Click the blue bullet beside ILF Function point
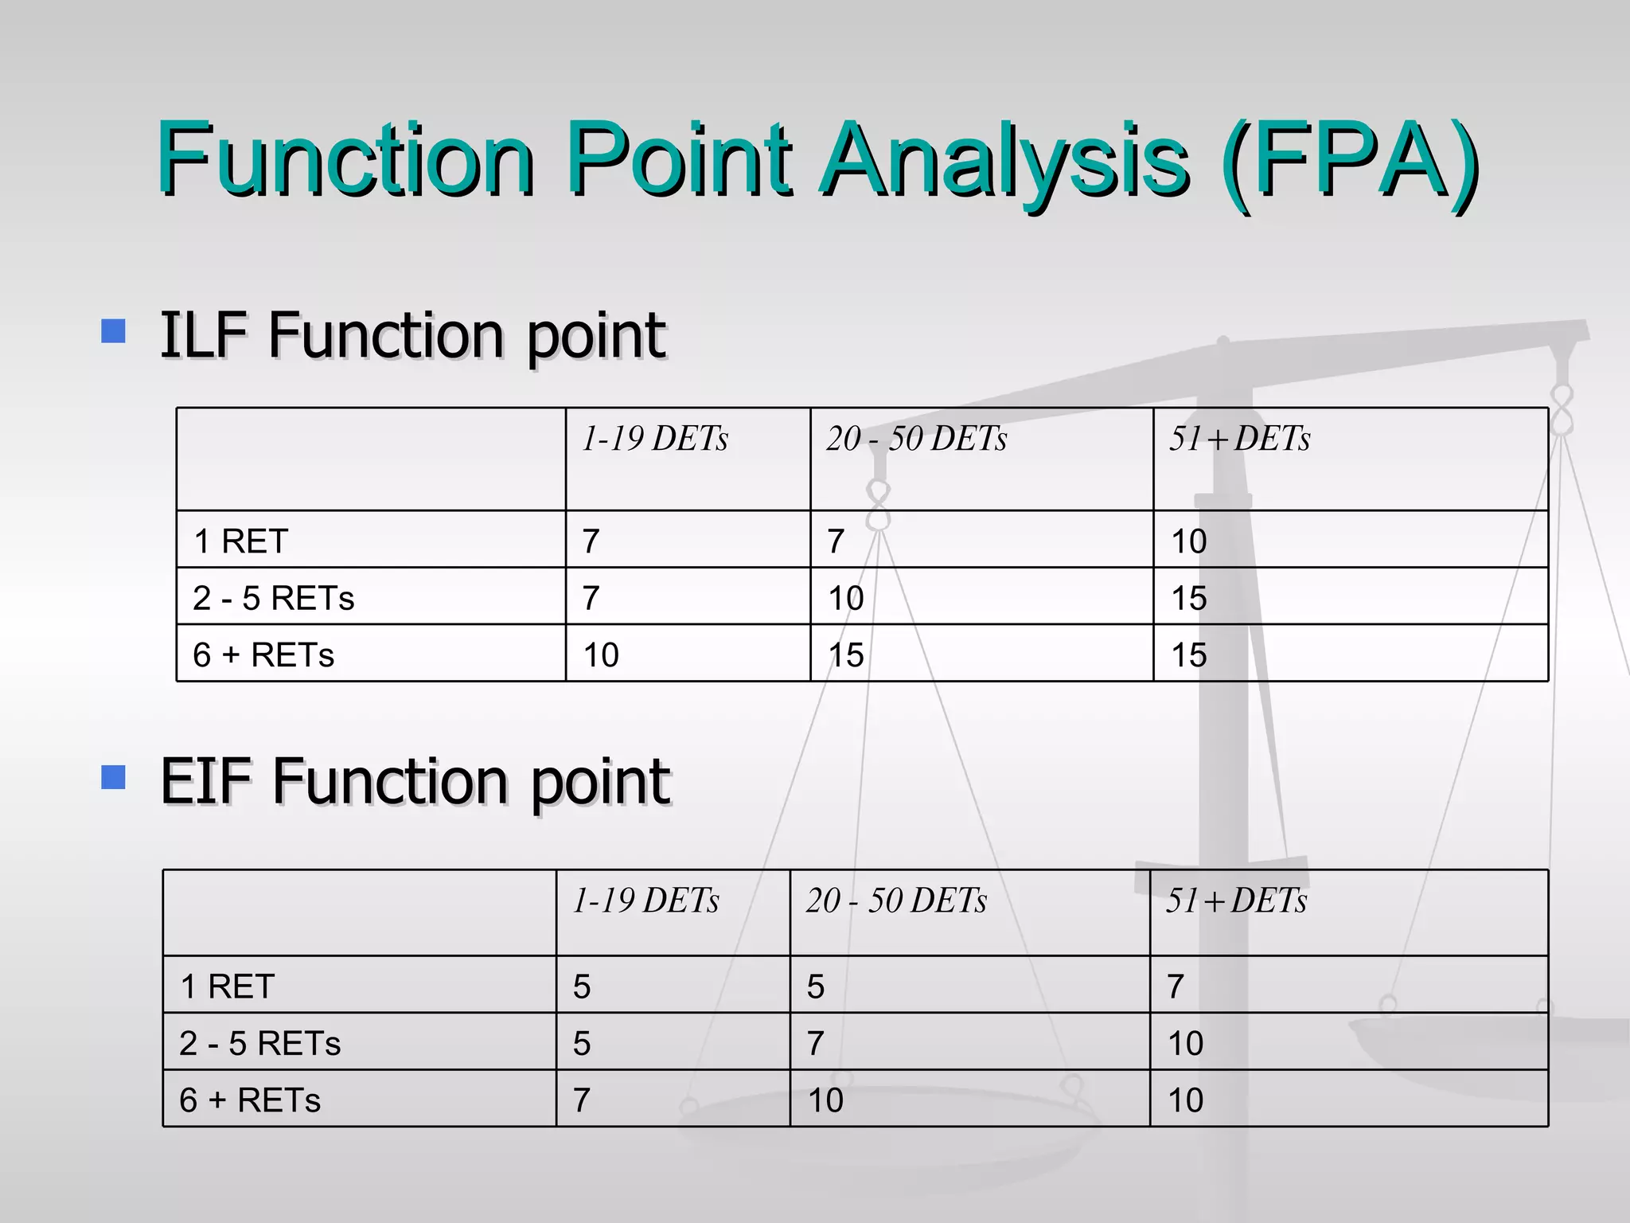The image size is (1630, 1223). pyautogui.click(x=114, y=330)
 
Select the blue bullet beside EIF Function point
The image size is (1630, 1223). pyautogui.click(x=114, y=777)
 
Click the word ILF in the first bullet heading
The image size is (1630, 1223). pyautogui.click(x=204, y=334)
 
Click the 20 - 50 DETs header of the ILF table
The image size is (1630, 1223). pyautogui.click(x=916, y=439)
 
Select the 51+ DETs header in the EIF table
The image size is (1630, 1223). pyautogui.click(x=1236, y=901)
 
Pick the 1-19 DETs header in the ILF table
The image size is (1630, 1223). pyautogui.click(x=654, y=439)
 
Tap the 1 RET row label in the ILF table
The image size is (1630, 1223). pyautogui.click(x=240, y=541)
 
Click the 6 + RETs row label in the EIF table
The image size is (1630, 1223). pyautogui.click(x=250, y=1100)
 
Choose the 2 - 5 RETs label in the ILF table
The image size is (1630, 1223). pyautogui.click(x=273, y=598)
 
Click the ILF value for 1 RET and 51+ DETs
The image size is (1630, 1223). pyautogui.click(x=1189, y=541)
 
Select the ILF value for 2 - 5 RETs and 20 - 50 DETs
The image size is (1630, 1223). pyautogui.click(x=845, y=598)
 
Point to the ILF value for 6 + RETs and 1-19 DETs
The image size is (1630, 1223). pyautogui.click(x=601, y=655)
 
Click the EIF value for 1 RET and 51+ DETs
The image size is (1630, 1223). pyautogui.click(x=1176, y=987)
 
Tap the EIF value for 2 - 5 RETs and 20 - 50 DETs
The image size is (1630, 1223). pyautogui.click(x=815, y=1043)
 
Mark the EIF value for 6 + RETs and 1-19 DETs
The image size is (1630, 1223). pyautogui.click(x=582, y=1100)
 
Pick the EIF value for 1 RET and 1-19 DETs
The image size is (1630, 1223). pyautogui.click(x=582, y=987)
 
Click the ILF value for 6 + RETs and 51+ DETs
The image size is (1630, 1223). pyautogui.click(x=1189, y=655)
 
